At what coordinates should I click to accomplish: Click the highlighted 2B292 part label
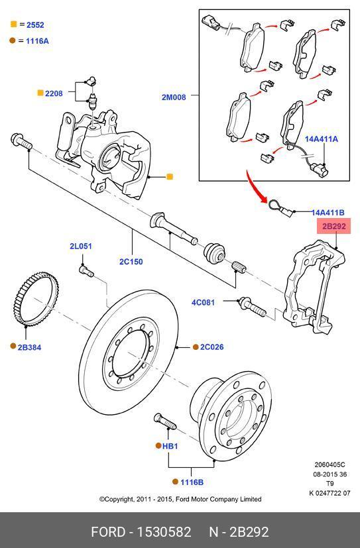(333, 226)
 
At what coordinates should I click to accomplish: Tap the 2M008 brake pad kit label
(174, 97)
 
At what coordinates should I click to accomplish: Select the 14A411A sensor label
(321, 139)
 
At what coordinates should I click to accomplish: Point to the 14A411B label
(328, 212)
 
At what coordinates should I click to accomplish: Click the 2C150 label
(131, 262)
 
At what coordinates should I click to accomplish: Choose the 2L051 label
(81, 246)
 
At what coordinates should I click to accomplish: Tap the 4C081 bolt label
(203, 302)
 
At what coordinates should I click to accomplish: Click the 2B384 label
(29, 347)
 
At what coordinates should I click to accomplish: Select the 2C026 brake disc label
(211, 347)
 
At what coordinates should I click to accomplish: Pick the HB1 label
(170, 447)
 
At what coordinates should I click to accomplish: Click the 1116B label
(192, 482)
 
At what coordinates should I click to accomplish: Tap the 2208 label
(54, 93)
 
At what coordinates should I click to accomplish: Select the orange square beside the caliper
(170, 177)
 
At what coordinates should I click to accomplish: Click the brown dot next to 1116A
(13, 40)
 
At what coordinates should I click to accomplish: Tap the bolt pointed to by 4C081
(252, 307)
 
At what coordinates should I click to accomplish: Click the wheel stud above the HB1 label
(164, 421)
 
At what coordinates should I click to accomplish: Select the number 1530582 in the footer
(164, 532)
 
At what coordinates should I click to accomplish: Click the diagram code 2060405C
(330, 465)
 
